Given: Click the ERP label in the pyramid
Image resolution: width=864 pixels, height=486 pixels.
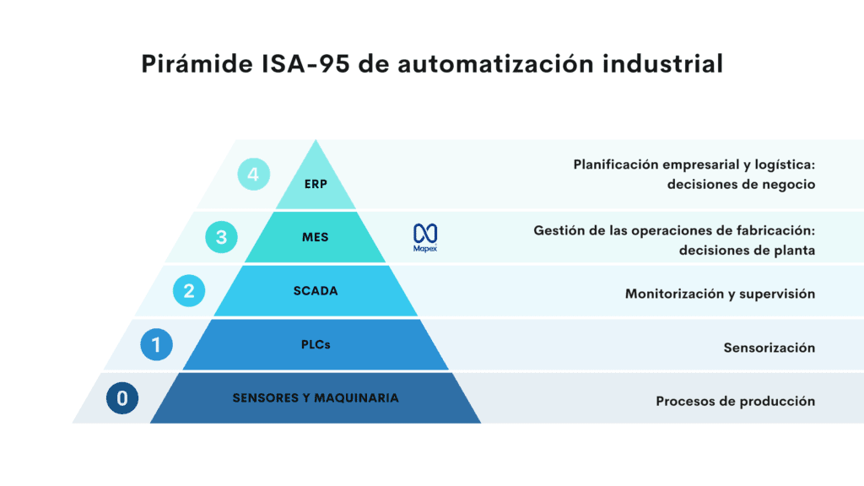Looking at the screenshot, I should pyautogui.click(x=316, y=184).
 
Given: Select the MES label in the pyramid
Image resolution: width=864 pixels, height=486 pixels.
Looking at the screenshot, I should pyautogui.click(x=315, y=237).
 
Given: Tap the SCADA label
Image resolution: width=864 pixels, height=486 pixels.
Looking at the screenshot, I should pyautogui.click(x=315, y=291).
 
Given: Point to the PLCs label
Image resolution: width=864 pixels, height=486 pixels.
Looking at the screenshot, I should pyautogui.click(x=315, y=344).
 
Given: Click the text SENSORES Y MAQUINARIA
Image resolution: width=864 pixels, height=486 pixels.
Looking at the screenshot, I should pyautogui.click(x=316, y=397).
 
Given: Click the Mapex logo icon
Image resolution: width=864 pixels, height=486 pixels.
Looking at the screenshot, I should pyautogui.click(x=425, y=235).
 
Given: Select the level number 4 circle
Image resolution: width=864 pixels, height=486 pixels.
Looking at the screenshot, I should pyautogui.click(x=253, y=175).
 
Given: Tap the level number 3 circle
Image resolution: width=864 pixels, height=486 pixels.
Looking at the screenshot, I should pyautogui.click(x=221, y=237).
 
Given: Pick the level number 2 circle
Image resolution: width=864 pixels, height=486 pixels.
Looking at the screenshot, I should pyautogui.click(x=188, y=291).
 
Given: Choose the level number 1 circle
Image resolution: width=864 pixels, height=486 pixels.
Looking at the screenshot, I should pyautogui.click(x=156, y=344).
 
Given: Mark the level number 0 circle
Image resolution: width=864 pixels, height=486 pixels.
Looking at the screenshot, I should pyautogui.click(x=123, y=397).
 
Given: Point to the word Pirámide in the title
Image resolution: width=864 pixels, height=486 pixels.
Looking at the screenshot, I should pyautogui.click(x=195, y=64).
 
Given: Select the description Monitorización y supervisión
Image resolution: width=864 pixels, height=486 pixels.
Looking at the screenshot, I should pyautogui.click(x=720, y=294).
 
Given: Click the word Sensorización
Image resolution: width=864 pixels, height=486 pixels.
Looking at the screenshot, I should pyautogui.click(x=769, y=348).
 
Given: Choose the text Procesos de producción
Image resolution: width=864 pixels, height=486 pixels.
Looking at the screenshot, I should pyautogui.click(x=735, y=401).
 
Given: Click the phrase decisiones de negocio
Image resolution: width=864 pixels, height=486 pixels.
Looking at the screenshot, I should pyautogui.click(x=741, y=184).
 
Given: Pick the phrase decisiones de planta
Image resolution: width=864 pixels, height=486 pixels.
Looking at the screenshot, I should pyautogui.click(x=747, y=250).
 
